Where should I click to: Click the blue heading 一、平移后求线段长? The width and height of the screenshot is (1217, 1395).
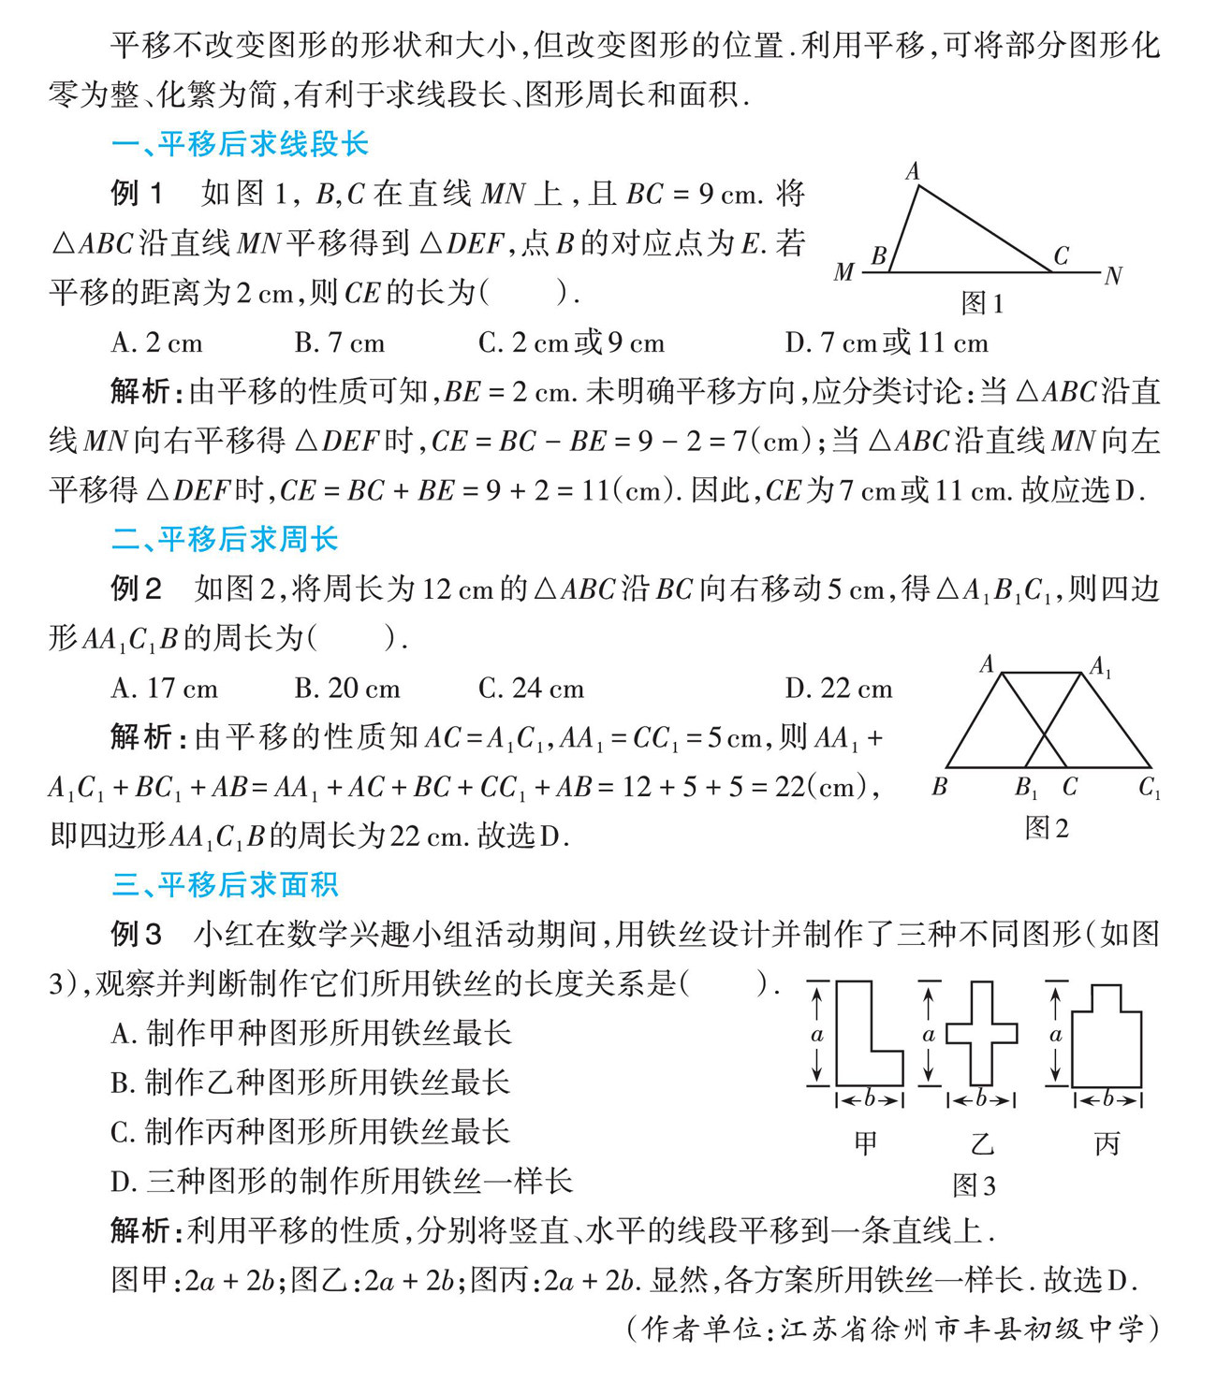(x=240, y=144)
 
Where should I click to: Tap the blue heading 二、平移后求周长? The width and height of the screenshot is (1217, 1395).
(x=225, y=539)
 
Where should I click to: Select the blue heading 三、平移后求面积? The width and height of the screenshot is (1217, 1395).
(x=225, y=884)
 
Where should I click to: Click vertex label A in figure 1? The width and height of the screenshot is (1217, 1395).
(x=913, y=171)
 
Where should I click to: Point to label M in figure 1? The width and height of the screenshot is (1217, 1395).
(x=843, y=272)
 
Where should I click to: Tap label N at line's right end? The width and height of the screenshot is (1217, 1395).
(x=1113, y=276)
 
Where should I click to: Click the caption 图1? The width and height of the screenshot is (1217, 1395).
(x=982, y=303)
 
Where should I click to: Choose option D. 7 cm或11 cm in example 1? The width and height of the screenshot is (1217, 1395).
(x=886, y=342)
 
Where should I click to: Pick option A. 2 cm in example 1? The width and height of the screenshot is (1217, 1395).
(x=156, y=342)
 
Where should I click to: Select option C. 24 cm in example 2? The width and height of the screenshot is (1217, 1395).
(x=531, y=689)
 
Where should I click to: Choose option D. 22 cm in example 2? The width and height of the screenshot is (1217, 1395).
(x=838, y=689)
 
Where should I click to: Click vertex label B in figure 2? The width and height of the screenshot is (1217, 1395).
(x=940, y=788)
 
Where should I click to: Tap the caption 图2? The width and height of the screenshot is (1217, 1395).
(x=1047, y=828)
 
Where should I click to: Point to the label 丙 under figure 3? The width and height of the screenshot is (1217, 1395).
(x=1107, y=1143)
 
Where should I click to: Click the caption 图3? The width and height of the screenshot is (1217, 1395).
(x=974, y=1185)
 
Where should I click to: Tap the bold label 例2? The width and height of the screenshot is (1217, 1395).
(x=136, y=589)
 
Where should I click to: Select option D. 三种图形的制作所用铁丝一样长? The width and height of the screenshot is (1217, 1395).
(x=341, y=1181)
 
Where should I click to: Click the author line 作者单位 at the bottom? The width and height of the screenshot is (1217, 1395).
(x=894, y=1329)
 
